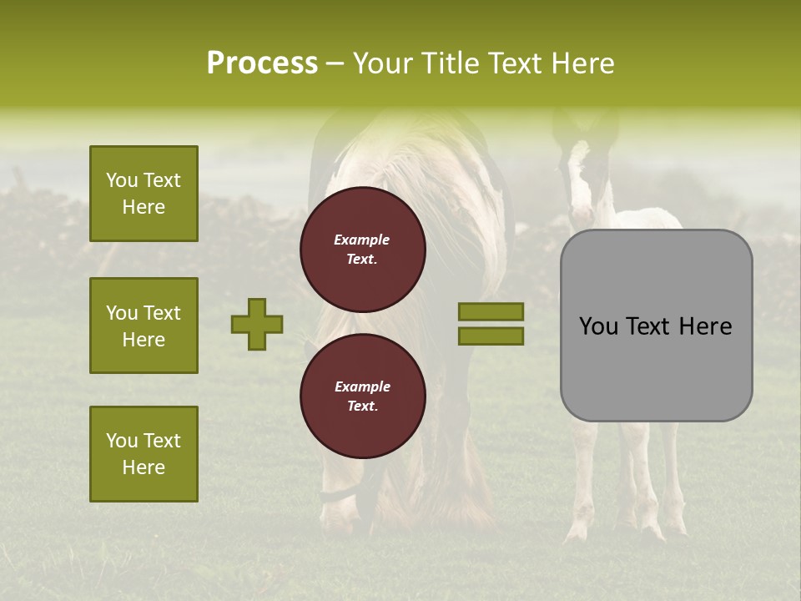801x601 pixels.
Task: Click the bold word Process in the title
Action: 262,63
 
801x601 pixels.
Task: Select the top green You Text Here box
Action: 144,194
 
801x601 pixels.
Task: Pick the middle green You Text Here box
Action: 144,326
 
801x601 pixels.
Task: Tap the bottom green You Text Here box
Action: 144,453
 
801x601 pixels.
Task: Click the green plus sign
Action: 257,324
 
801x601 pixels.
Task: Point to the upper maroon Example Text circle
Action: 362,250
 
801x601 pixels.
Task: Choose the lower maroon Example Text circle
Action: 362,396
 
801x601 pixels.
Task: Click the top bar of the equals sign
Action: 491,311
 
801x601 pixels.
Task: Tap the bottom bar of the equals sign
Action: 491,336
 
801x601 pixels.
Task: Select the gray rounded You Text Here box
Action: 656,326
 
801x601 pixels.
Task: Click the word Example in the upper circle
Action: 361,240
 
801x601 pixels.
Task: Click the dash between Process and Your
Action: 335,63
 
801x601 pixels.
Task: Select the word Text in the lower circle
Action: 361,406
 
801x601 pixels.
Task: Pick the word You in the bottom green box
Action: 122,441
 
